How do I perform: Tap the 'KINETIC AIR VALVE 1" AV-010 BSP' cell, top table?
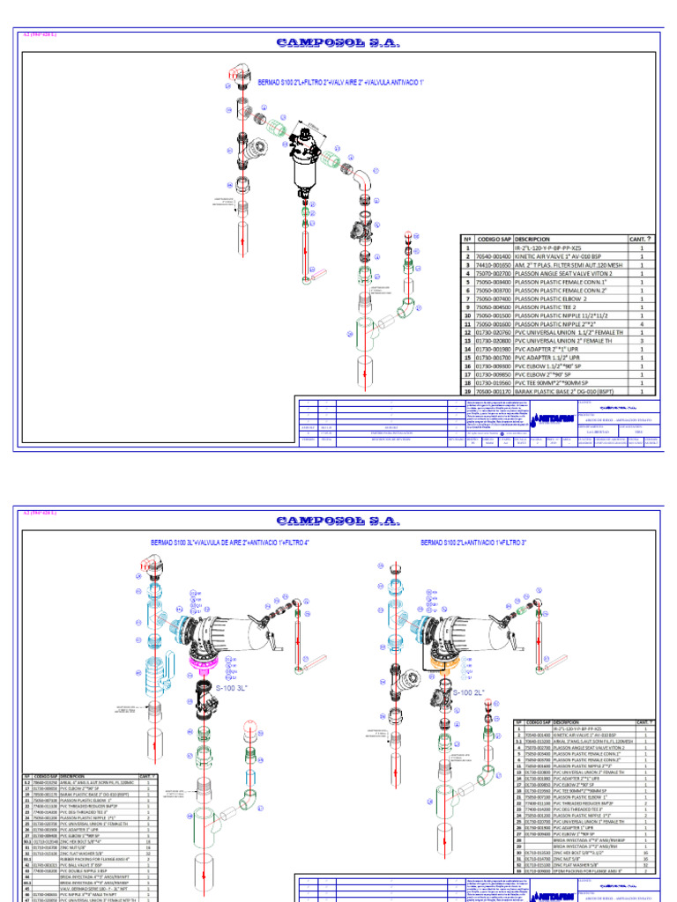coord(562,256)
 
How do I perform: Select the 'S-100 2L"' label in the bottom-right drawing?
coord(469,693)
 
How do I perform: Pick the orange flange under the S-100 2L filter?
coord(438,656)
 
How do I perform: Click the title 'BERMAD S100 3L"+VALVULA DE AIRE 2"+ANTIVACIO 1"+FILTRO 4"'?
coord(233,543)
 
